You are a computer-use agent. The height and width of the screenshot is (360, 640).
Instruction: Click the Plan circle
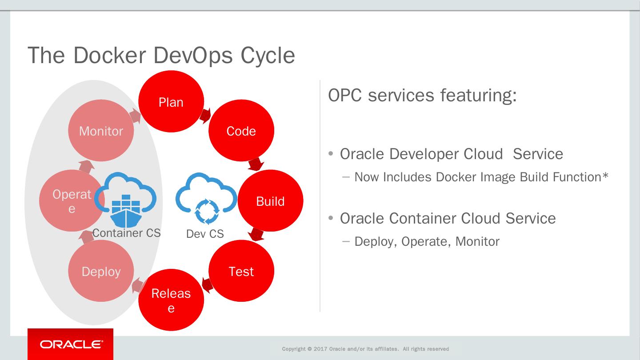point(171,102)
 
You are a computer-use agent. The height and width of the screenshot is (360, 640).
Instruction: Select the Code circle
point(241,131)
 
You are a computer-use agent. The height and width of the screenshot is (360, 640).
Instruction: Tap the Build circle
point(270,201)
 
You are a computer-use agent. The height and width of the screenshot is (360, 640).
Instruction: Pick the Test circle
point(241,271)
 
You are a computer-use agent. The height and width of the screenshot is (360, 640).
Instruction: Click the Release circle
point(171,300)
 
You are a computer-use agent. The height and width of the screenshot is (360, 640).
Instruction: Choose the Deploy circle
point(101,271)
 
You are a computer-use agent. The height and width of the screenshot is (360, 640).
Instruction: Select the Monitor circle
point(101,131)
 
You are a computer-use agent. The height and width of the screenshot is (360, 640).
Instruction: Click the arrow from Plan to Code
point(205,116)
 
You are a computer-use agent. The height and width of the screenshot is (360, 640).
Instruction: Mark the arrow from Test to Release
point(207,284)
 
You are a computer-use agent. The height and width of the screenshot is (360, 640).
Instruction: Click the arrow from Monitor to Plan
point(135,117)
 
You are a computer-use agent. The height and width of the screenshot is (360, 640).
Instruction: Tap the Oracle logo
point(71,344)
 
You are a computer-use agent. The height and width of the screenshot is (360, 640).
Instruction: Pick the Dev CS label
point(205,234)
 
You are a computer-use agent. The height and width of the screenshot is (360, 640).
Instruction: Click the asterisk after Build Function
point(605,176)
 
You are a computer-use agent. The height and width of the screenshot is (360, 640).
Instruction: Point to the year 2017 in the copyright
point(320,349)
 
